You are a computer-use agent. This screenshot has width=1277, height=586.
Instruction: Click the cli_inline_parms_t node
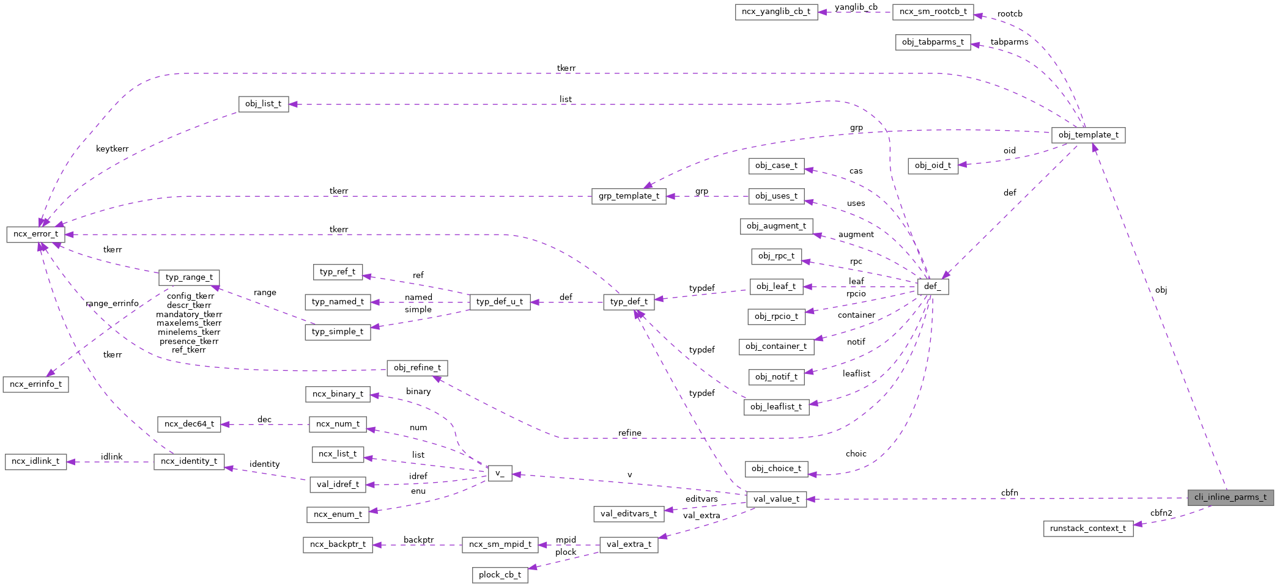[x=1230, y=497]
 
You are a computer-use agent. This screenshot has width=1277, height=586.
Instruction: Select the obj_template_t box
[x=1088, y=135]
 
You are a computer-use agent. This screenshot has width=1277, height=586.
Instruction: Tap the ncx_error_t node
[x=35, y=234]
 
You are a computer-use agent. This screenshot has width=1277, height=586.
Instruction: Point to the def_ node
[x=933, y=287]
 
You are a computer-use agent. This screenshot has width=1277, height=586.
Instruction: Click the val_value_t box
[x=776, y=499]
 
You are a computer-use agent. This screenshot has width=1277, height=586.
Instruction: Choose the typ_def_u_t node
[x=499, y=302]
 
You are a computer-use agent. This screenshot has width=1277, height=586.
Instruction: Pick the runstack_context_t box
[x=1087, y=529]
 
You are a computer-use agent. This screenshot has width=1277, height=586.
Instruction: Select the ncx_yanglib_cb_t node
[x=775, y=12]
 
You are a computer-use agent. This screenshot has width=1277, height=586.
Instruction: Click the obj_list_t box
[x=263, y=104]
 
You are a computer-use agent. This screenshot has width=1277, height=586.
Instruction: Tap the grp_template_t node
[x=629, y=196]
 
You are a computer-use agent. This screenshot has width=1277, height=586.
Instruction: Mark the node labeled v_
[x=499, y=474]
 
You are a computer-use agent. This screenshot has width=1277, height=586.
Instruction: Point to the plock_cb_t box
[x=500, y=575]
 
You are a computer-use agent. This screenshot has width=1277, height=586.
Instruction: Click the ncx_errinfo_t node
[x=35, y=384]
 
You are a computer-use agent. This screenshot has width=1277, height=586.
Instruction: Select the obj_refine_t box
[x=417, y=368]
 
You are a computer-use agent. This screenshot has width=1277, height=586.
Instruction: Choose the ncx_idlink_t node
[x=35, y=461]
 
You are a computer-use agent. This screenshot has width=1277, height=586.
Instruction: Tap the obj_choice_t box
[x=776, y=469]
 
